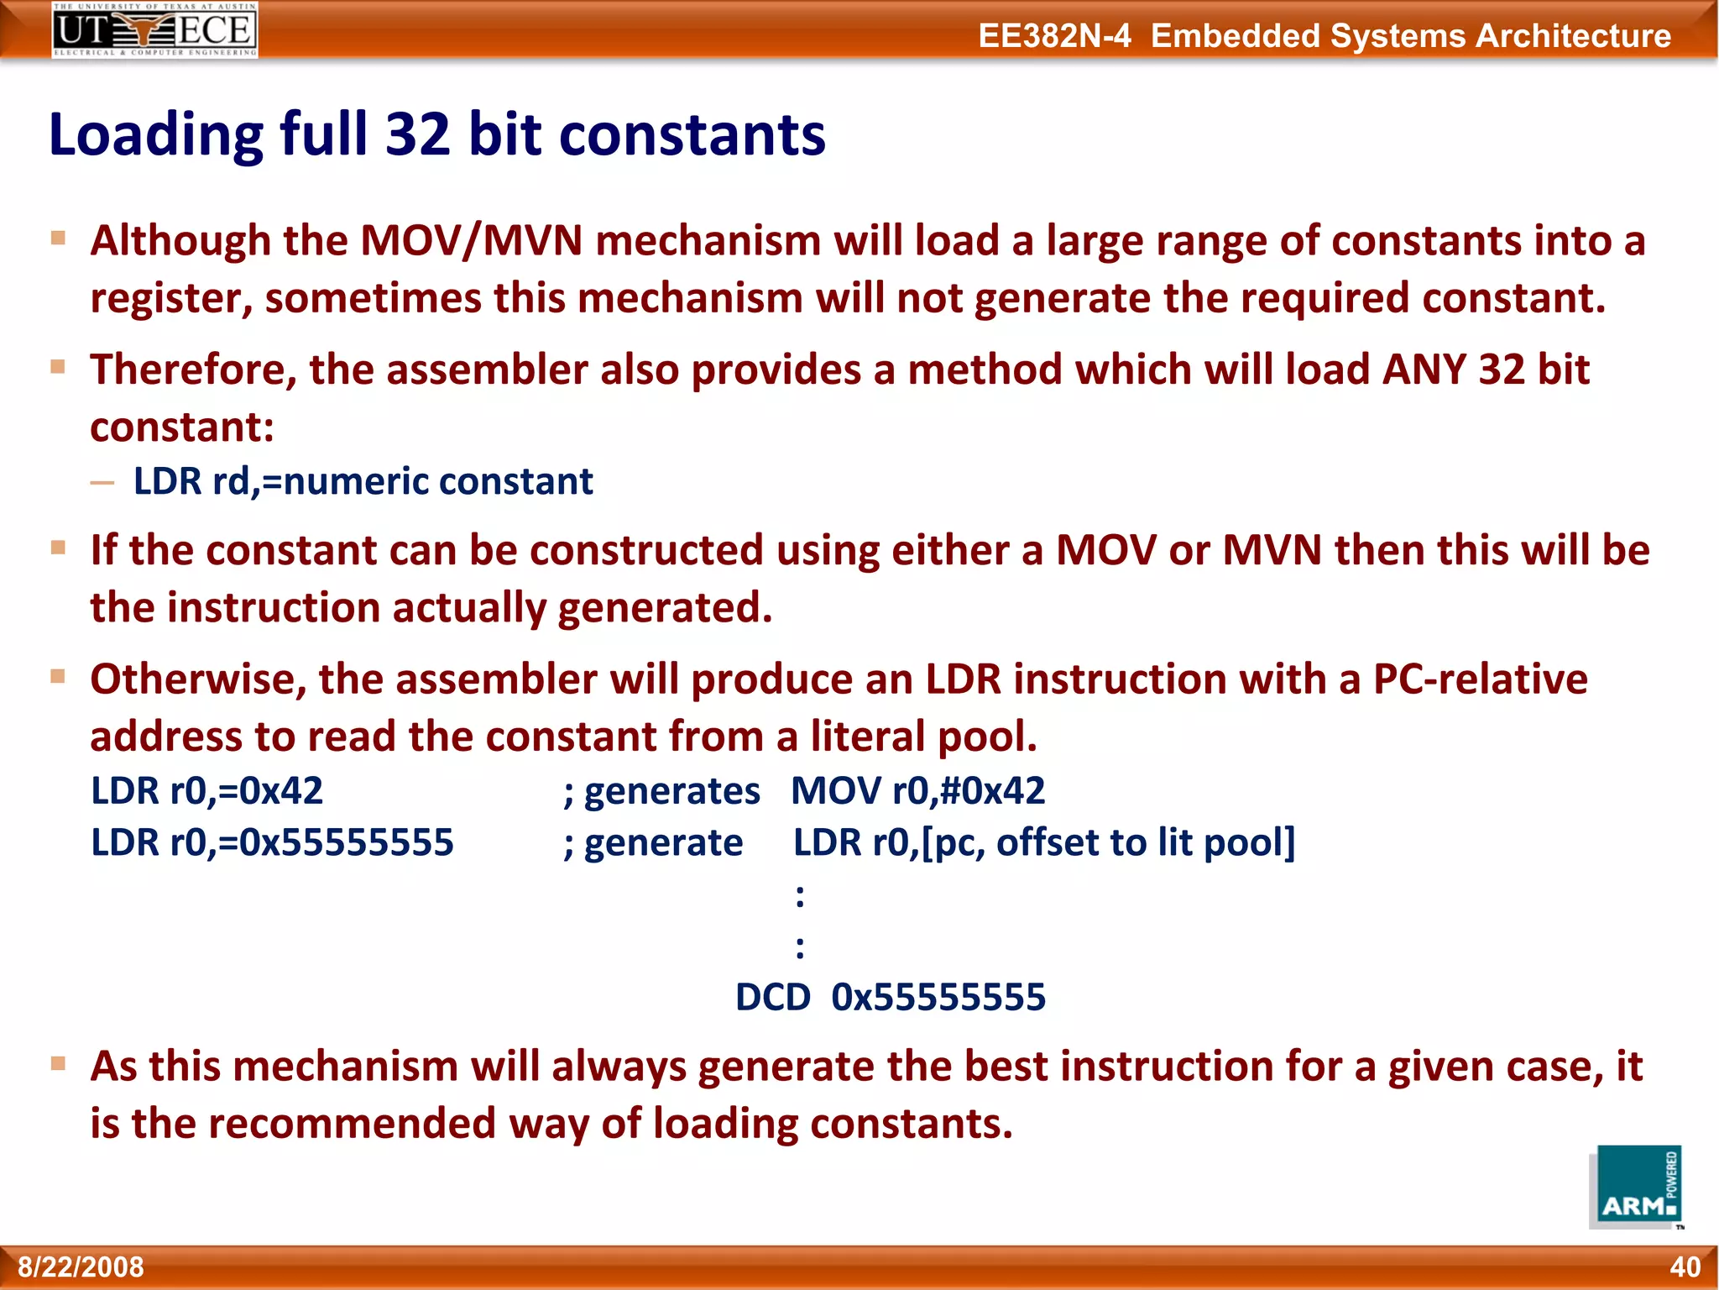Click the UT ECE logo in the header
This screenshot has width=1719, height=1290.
[154, 30]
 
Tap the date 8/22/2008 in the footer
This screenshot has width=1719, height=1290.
[81, 1266]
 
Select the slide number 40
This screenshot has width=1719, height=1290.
[1685, 1266]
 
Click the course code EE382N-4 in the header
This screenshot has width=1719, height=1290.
[1054, 35]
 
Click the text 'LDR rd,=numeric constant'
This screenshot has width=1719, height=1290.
[363, 482]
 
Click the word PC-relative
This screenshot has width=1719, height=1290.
[1480, 679]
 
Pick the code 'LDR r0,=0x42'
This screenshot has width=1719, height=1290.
[206, 791]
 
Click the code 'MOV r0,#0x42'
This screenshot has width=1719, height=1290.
[917, 791]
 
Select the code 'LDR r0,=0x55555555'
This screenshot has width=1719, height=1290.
[272, 842]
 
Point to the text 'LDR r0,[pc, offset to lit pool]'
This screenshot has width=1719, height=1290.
[1044, 842]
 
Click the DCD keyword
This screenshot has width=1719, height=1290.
[772, 998]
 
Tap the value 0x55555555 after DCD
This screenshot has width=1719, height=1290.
[938, 998]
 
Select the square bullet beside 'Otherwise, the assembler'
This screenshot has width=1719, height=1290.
[58, 676]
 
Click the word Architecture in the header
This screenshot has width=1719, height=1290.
[1573, 35]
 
